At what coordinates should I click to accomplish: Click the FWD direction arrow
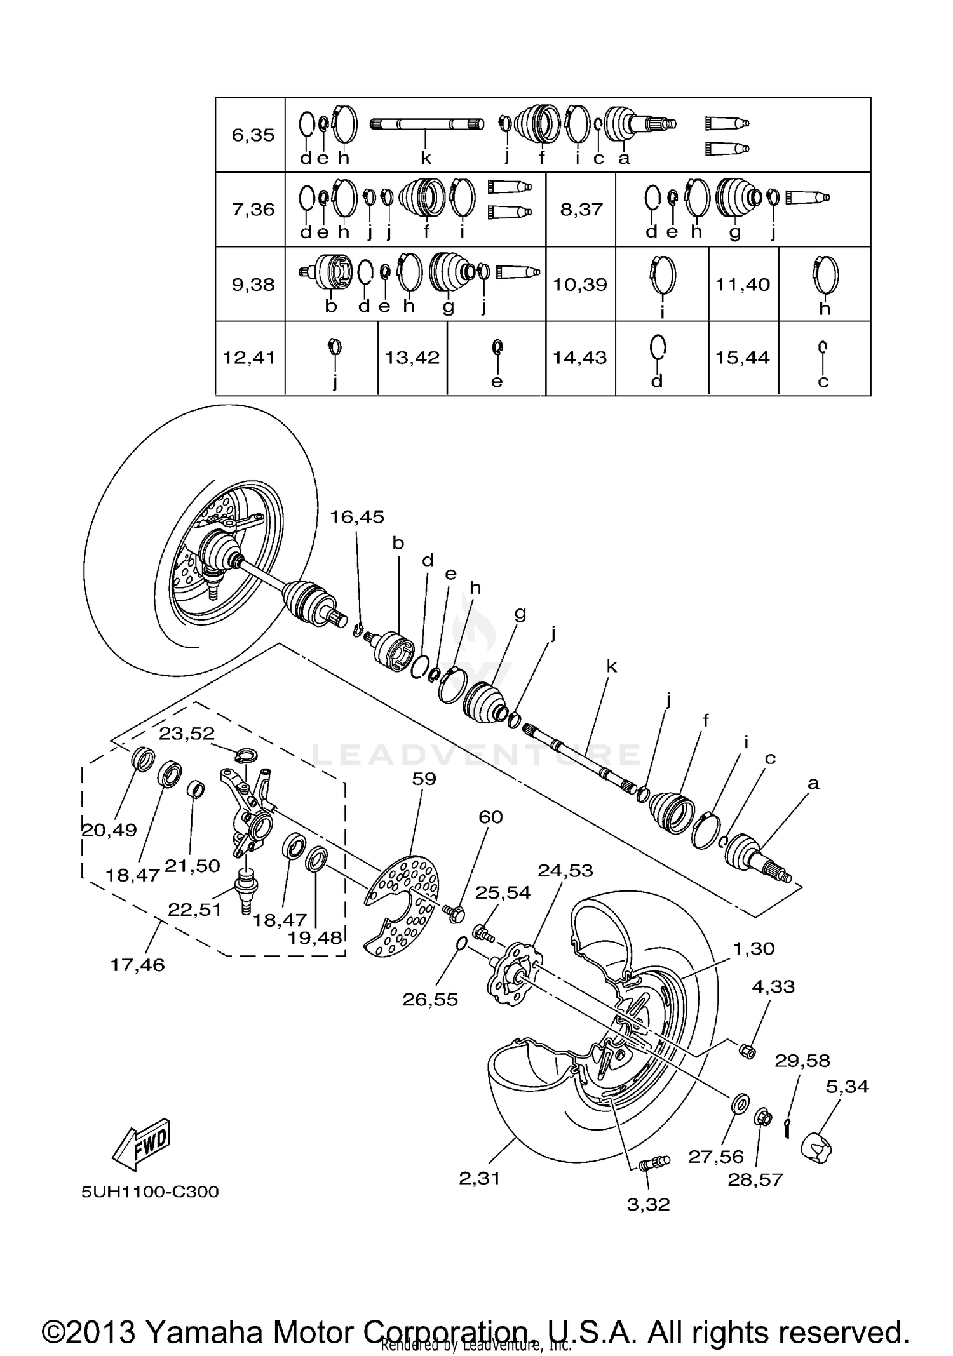[141, 1144]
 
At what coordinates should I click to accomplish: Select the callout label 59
[424, 778]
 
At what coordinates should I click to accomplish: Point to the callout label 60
[490, 817]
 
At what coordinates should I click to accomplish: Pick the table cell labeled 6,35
[253, 135]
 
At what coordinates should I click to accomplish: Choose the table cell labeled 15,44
[742, 358]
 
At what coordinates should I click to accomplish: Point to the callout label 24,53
[565, 870]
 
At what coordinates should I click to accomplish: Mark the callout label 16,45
[356, 517]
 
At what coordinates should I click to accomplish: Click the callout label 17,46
[137, 965]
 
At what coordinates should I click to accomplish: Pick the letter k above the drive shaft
[611, 666]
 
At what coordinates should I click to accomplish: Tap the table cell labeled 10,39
[579, 284]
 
